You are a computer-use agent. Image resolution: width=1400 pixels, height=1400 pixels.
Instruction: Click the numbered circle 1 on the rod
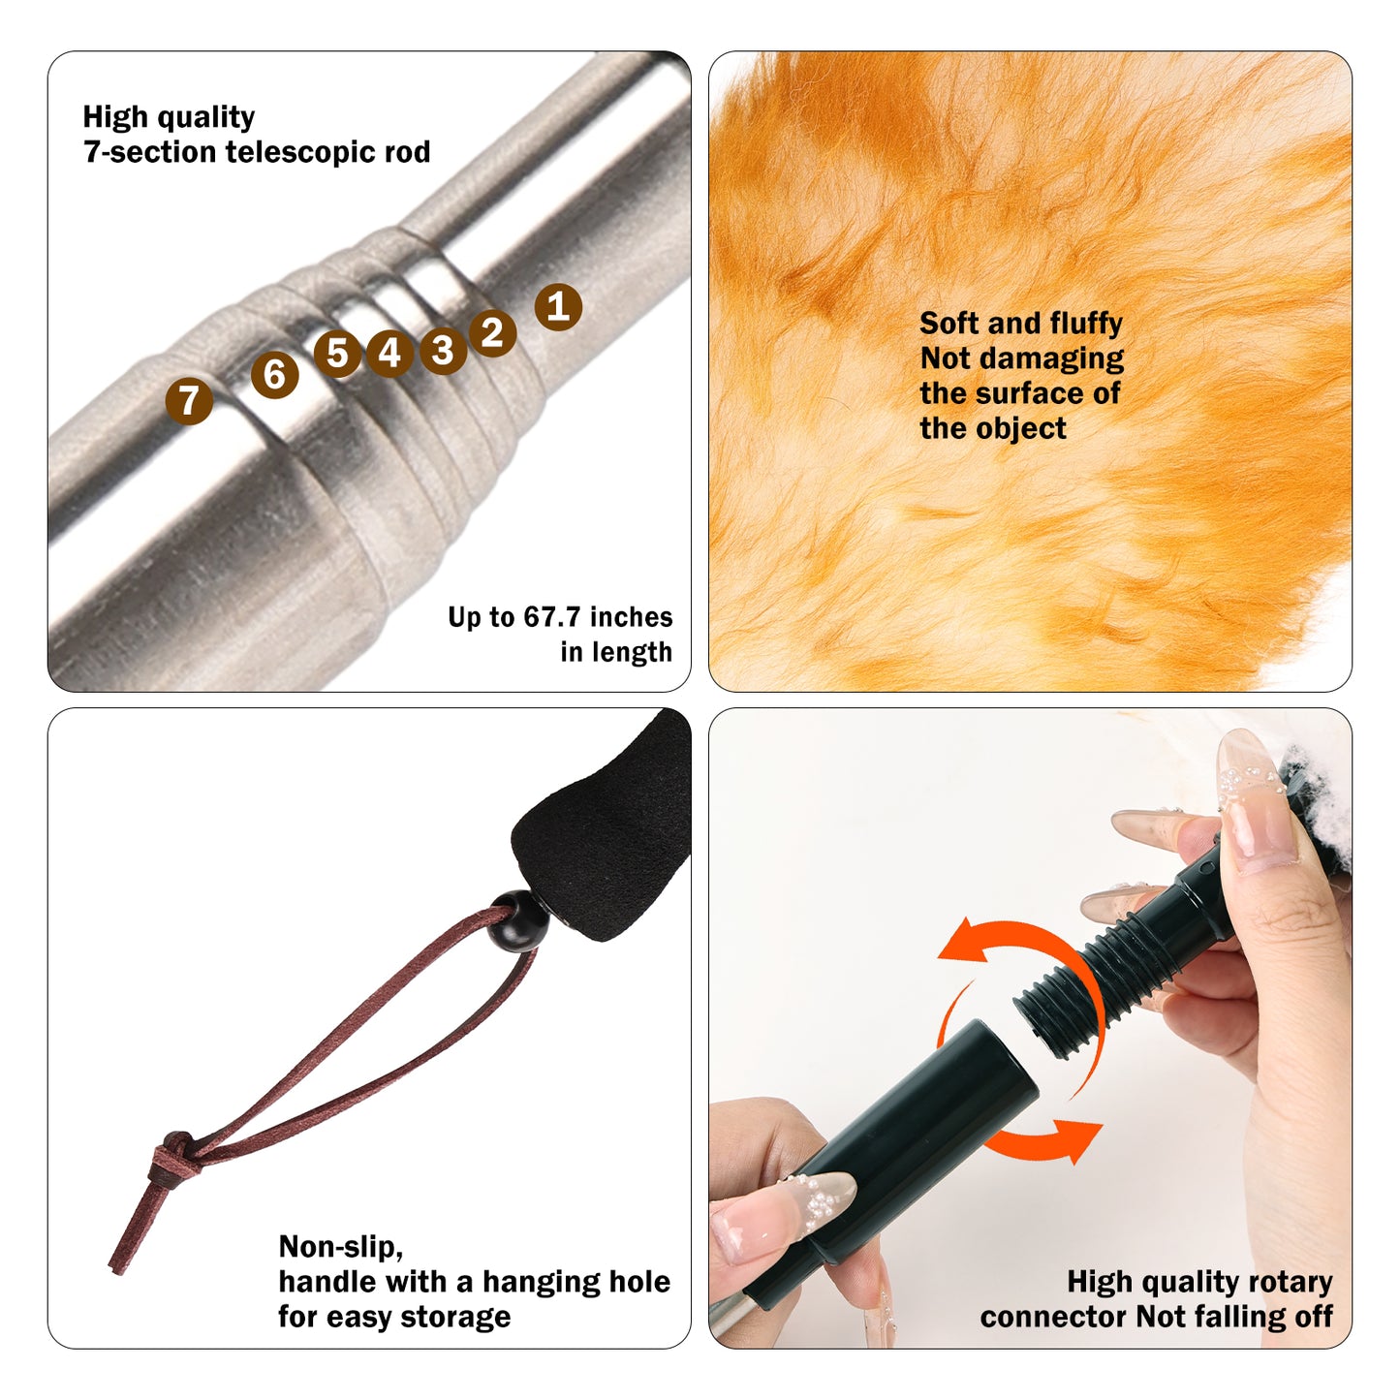[558, 307]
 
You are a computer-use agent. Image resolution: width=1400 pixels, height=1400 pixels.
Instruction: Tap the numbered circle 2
[492, 332]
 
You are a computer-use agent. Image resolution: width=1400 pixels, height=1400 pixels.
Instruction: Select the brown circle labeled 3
[443, 351]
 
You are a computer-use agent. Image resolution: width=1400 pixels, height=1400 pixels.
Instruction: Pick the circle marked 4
[389, 353]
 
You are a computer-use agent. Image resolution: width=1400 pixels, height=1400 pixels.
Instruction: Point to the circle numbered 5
[337, 354]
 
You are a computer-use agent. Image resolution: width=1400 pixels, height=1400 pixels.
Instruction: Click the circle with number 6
[274, 374]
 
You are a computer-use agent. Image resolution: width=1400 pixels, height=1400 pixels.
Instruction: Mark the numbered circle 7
[189, 400]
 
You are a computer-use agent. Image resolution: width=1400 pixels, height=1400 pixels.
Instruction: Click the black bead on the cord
[517, 920]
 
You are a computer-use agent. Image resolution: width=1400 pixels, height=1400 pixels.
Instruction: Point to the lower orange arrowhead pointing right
[1079, 1137]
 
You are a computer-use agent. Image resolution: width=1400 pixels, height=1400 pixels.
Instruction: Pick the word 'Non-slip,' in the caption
[340, 1246]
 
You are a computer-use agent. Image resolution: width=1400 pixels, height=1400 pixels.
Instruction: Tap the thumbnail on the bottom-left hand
[822, 1201]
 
